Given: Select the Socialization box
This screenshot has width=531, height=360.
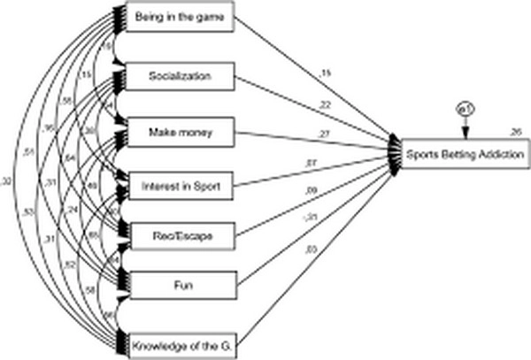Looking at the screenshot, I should (x=180, y=75).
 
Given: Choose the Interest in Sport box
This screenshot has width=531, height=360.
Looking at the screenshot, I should (x=180, y=187).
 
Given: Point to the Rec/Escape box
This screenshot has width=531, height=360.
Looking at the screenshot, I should (x=180, y=235).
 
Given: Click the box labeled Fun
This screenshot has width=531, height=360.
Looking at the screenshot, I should (x=180, y=285).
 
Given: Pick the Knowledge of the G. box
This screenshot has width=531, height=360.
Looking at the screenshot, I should (x=180, y=341).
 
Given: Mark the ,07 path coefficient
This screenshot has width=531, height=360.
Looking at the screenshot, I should (x=311, y=162).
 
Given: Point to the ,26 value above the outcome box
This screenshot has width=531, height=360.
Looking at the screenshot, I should (x=515, y=133).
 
